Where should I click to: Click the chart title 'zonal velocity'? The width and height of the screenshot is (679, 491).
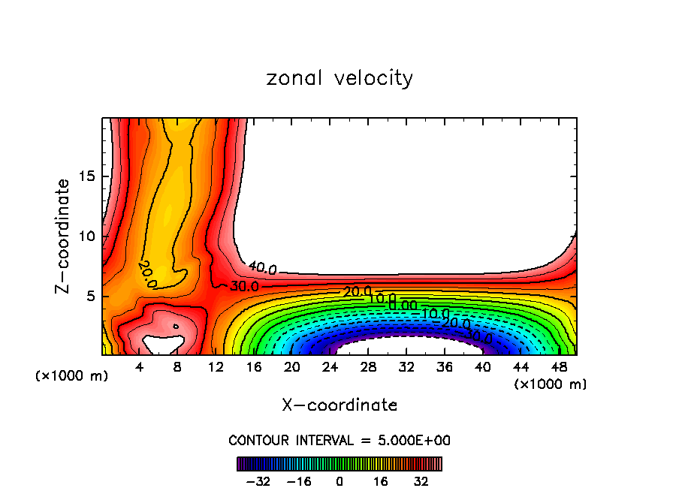(x=339, y=78)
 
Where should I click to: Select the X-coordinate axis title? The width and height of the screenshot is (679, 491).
(x=339, y=405)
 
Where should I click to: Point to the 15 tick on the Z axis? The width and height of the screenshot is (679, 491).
(x=88, y=176)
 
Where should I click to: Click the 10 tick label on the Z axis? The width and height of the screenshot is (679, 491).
(x=88, y=236)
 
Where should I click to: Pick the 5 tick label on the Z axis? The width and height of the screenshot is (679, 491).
(x=92, y=296)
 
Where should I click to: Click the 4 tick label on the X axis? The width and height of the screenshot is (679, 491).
(x=140, y=367)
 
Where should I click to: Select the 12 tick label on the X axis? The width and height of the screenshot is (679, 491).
(x=216, y=367)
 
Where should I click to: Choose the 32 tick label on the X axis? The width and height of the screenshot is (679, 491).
(x=406, y=367)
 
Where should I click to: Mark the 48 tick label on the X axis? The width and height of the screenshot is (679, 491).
(x=559, y=367)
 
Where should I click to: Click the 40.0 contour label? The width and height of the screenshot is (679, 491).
(x=262, y=269)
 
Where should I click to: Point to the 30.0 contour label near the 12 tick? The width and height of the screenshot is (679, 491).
(x=244, y=286)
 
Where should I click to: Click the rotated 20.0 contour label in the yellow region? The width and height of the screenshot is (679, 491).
(x=147, y=274)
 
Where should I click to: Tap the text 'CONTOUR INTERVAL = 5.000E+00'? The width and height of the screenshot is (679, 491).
(x=339, y=440)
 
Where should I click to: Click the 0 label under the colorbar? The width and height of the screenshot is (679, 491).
(x=339, y=481)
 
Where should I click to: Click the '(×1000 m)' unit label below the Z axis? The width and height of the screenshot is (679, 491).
(x=72, y=376)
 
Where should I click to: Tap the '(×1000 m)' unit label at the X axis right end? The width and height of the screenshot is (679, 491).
(x=551, y=384)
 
